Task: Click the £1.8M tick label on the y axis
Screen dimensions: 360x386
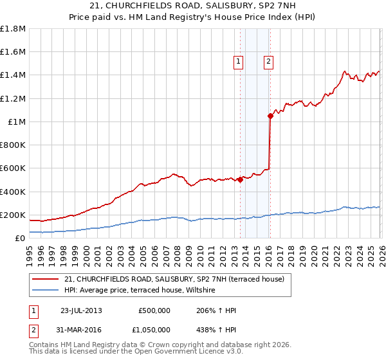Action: pos(13,29)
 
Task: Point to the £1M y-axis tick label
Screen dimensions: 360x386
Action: pos(17,122)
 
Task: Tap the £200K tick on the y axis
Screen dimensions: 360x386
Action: pos(13,215)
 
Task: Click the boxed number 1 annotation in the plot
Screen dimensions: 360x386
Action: pos(238,62)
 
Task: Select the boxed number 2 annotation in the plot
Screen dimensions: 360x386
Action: pos(268,62)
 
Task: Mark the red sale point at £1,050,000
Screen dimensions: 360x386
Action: pos(270,116)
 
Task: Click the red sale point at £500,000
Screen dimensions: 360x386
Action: pos(240,180)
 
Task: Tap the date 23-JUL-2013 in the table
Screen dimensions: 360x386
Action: pos(81,310)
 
